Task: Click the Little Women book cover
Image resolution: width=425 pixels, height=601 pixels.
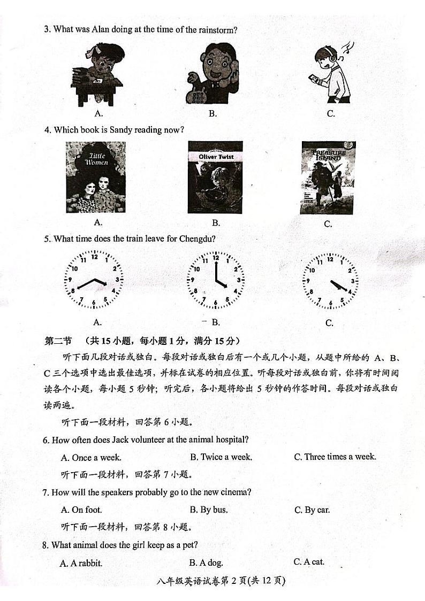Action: pos(96,177)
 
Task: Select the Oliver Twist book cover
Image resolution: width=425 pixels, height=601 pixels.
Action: pos(215,177)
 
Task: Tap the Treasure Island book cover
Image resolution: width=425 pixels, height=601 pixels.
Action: pos(328,178)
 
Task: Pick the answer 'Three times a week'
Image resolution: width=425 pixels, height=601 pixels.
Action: pos(335,457)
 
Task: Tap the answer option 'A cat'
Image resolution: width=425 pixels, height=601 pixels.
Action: pos(309,561)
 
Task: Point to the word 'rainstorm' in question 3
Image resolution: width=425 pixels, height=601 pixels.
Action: pos(216,30)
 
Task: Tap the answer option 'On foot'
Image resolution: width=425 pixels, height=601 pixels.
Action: pos(81,510)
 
